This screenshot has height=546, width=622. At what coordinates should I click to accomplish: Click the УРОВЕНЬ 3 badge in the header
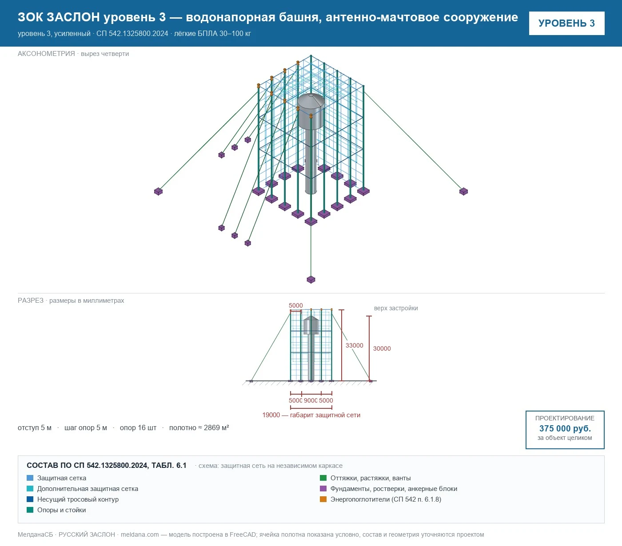[566, 24]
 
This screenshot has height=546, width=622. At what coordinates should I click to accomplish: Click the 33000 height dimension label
[354, 345]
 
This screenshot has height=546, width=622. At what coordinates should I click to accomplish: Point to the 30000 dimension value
[382, 348]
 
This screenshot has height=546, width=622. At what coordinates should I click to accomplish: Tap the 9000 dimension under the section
[311, 400]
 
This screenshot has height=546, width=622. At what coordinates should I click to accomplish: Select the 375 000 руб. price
[565, 428]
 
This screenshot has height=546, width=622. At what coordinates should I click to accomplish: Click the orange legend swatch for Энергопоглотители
[323, 499]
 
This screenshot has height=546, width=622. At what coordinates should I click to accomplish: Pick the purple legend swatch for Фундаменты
[323, 488]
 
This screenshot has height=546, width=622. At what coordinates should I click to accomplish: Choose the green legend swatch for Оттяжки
[323, 478]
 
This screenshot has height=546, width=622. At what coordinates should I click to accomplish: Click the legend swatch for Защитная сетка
[30, 478]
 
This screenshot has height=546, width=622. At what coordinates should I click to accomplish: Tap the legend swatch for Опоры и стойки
[30, 510]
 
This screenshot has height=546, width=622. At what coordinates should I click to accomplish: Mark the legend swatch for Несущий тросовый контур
[30, 499]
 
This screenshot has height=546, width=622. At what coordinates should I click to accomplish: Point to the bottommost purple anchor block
[311, 280]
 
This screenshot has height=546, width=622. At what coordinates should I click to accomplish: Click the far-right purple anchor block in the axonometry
[463, 191]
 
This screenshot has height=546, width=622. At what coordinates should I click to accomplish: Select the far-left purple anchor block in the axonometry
[158, 191]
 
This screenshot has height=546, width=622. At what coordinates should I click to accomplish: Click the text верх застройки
[396, 308]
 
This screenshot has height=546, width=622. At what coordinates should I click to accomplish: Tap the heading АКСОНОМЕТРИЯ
[46, 54]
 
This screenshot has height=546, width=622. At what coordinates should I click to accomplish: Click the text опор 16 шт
[138, 427]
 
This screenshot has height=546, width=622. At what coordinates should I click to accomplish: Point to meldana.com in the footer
[140, 534]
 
